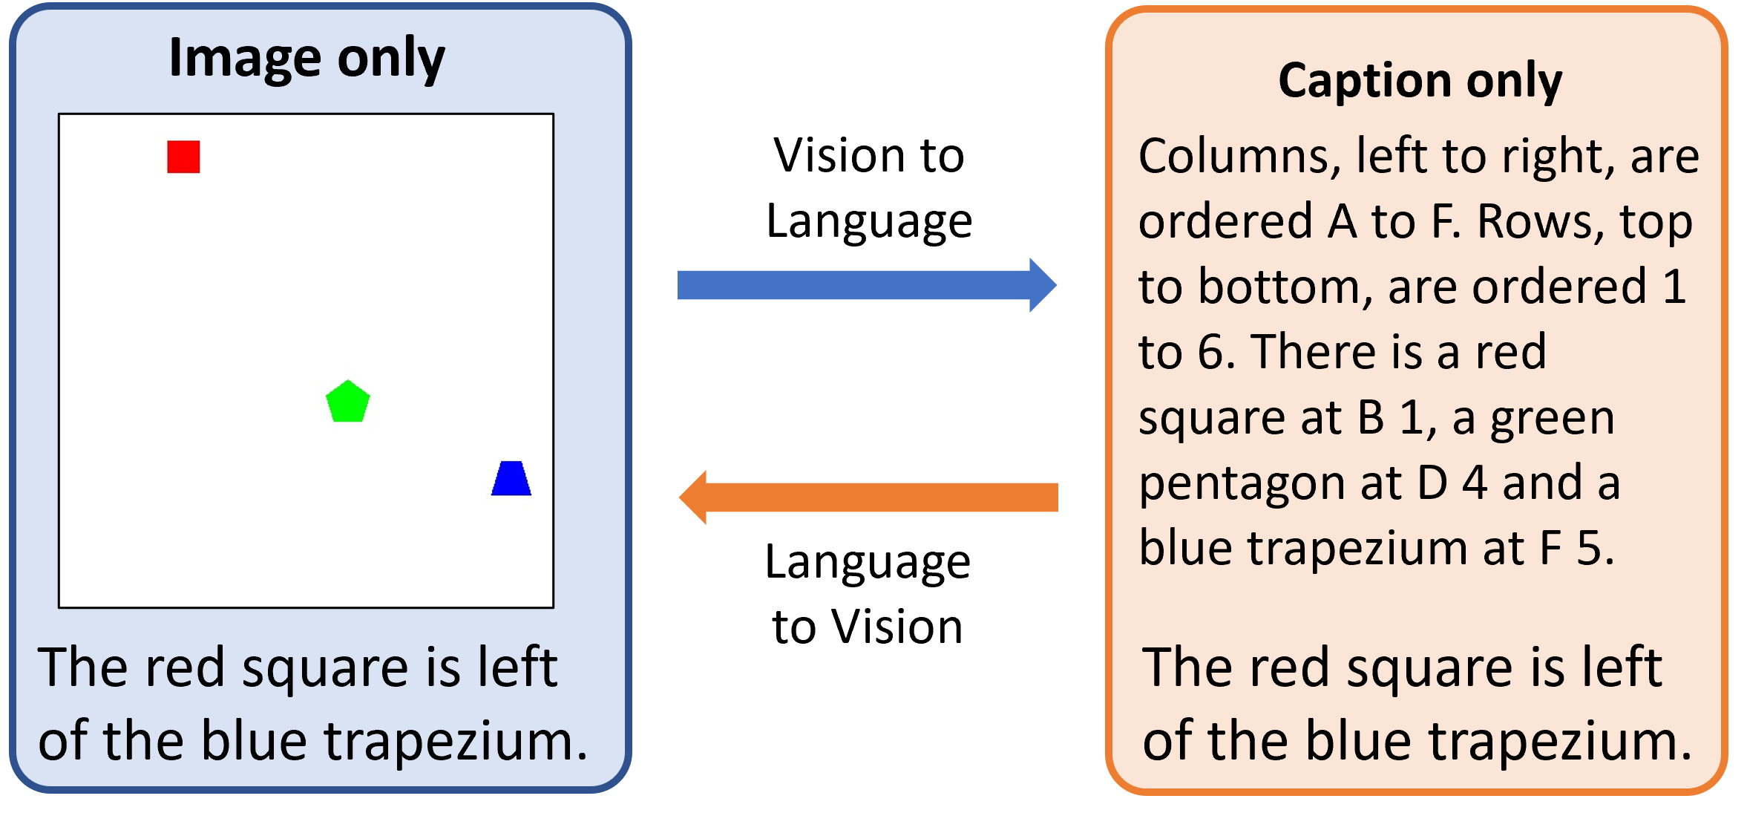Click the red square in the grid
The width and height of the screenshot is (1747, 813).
tap(183, 157)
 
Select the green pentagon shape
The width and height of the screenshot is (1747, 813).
tap(347, 402)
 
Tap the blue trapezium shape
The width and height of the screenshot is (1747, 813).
tap(511, 479)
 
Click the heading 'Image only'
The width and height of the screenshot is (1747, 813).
tap(307, 58)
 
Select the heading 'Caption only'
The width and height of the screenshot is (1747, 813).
tap(1420, 80)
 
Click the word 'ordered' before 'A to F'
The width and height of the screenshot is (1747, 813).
tap(1225, 222)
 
